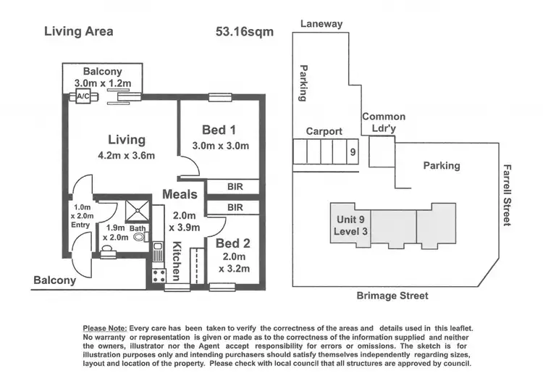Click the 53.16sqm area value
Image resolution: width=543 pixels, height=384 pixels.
245,31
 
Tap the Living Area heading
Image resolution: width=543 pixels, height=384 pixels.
78,31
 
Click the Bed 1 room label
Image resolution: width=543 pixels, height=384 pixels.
219,130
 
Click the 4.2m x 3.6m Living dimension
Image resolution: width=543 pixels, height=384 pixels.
127,155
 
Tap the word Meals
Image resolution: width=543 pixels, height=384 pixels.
180,194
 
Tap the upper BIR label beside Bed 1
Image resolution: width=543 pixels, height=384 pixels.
234,187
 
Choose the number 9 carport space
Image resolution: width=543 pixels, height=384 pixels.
352,152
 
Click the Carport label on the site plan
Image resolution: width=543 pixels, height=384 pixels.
324,131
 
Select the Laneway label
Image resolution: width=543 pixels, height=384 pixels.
321,24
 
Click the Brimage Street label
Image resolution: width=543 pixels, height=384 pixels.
393,296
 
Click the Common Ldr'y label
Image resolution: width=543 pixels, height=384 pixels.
384,122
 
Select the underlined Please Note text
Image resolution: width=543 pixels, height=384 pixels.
105,328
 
